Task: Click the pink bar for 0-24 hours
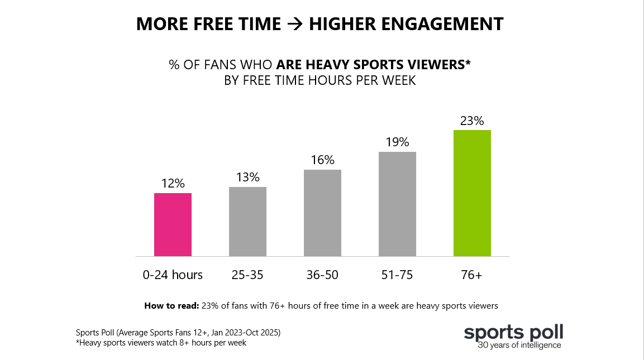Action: coord(173,224)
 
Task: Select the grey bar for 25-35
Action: coord(247,222)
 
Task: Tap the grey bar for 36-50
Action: coord(322,213)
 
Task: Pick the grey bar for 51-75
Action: coord(397,204)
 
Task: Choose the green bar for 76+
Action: coord(472,193)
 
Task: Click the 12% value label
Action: coord(173,183)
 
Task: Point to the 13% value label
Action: coord(247,177)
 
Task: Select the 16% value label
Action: coord(322,160)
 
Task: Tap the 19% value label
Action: coord(397,142)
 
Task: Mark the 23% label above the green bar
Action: coord(472,121)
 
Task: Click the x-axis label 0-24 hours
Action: coord(173,275)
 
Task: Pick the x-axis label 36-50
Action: coord(322,275)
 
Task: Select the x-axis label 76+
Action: coord(472,275)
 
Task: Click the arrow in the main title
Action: coord(295,25)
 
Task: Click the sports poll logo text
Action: coord(513,333)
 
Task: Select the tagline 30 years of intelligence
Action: coord(519,345)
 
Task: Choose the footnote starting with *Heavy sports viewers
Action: coord(161,343)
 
